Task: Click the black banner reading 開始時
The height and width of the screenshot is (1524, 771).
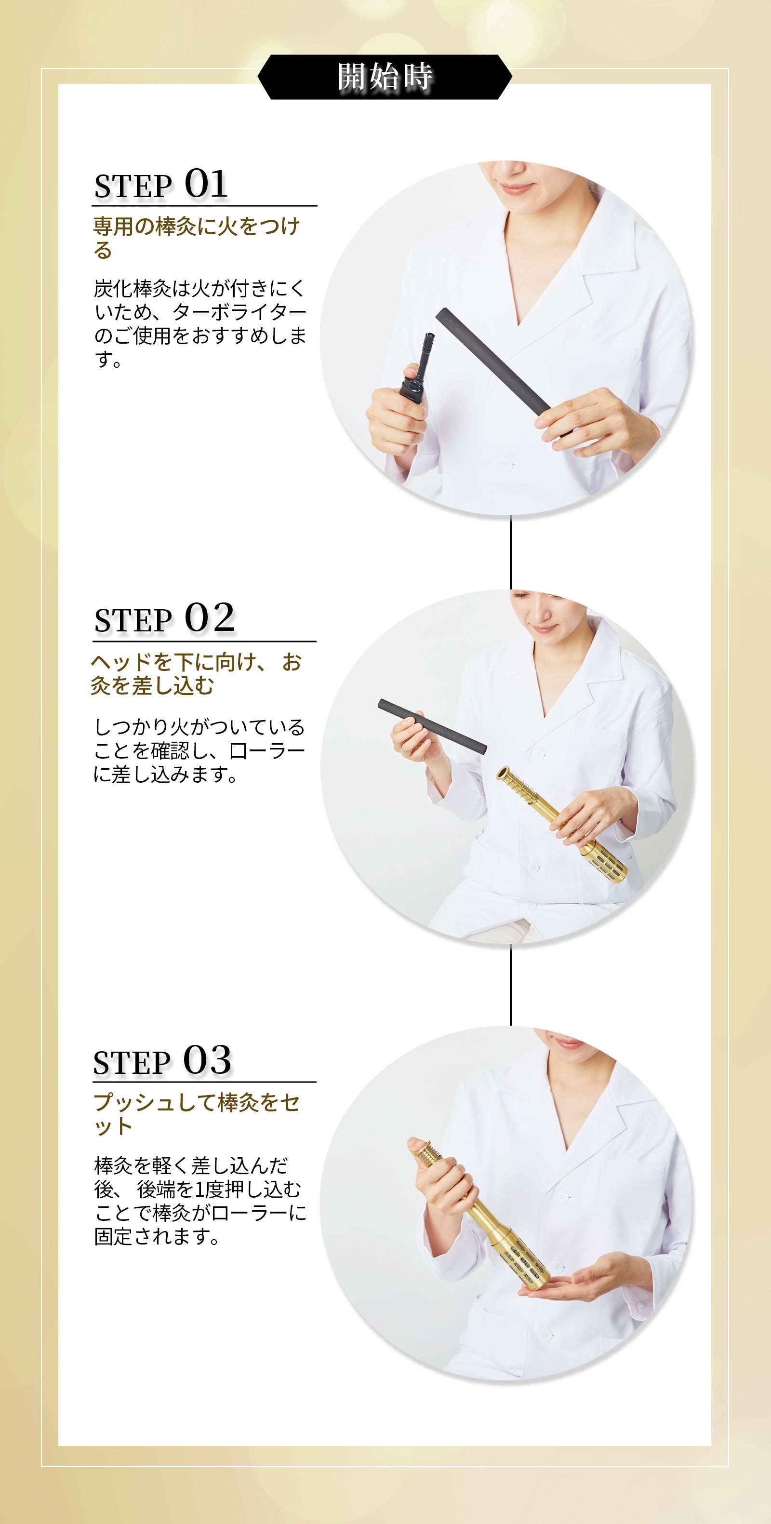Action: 385,77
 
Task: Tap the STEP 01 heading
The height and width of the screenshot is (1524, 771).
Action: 161,184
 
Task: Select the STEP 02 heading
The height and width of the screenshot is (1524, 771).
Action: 164,618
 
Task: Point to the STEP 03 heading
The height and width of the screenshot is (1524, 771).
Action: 162,1060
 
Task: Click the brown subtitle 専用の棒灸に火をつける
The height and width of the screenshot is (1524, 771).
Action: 197,238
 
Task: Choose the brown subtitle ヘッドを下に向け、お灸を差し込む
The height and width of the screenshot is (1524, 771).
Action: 197,673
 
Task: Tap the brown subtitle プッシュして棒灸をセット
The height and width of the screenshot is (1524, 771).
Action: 197,1114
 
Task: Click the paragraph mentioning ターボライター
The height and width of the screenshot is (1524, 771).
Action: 200,323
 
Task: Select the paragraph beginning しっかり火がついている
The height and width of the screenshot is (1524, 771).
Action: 199,750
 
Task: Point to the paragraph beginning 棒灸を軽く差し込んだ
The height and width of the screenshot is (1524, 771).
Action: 200,1201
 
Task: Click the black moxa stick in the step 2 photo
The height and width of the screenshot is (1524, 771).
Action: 432,726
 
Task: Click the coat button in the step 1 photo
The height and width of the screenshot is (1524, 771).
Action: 504,465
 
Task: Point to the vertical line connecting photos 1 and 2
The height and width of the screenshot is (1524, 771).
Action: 511,552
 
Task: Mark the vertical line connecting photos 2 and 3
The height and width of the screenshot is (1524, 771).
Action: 511,985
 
